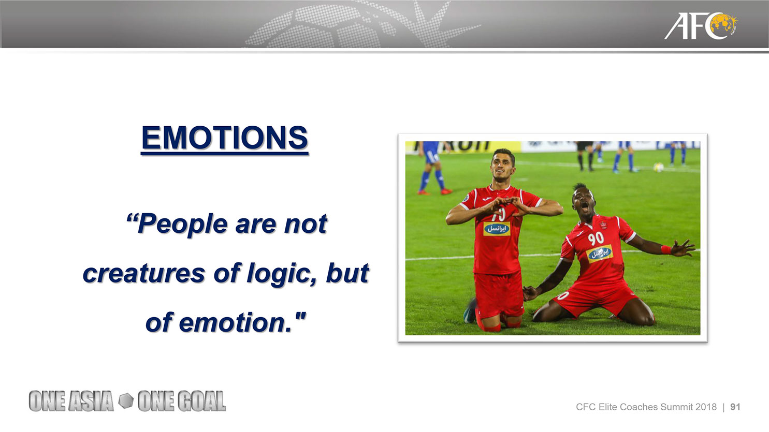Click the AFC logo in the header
[x=700, y=26]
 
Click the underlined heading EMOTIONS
[x=225, y=138]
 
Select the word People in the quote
[x=182, y=225]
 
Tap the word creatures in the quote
[x=144, y=274]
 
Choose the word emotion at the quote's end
[x=236, y=323]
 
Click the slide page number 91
[x=735, y=407]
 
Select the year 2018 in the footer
[x=706, y=407]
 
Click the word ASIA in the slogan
[x=91, y=401]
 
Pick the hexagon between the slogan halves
[x=126, y=400]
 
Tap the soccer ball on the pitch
[x=659, y=167]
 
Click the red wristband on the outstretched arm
[x=665, y=249]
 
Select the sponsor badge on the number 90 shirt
[x=600, y=254]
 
